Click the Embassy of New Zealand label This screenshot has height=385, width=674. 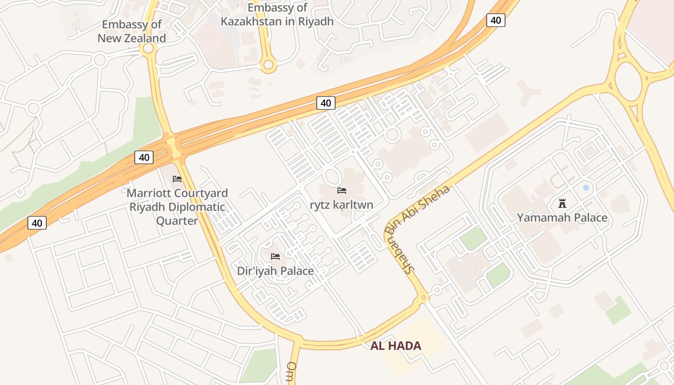pyautogui.click(x=131, y=31)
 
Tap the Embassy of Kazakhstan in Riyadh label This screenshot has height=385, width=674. pyautogui.click(x=277, y=14)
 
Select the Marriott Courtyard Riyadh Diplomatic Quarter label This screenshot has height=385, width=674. pyautogui.click(x=177, y=207)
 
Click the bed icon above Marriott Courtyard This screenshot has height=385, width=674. pyautogui.click(x=177, y=179)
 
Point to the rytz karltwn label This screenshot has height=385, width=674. pyautogui.click(x=341, y=205)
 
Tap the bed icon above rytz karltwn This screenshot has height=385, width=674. pyautogui.click(x=342, y=191)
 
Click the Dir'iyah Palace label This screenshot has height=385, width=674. pyautogui.click(x=275, y=271)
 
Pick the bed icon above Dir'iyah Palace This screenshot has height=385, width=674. pyautogui.click(x=275, y=257)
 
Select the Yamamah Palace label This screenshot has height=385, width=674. pyautogui.click(x=562, y=218)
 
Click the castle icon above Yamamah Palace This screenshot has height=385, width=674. pyautogui.click(x=562, y=203)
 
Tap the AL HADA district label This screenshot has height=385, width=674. pyautogui.click(x=396, y=346)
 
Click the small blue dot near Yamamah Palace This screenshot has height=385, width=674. pyautogui.click(x=586, y=187)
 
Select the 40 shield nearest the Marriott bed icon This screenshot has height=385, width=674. pyautogui.click(x=144, y=157)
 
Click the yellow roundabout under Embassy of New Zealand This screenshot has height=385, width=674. pyautogui.click(x=148, y=48)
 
